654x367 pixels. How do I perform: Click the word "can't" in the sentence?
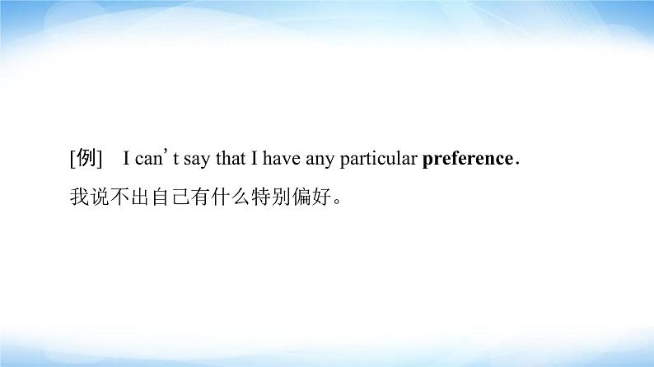click(149, 159)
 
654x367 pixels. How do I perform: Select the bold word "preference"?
click(467, 159)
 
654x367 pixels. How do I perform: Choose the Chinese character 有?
click(199, 197)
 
